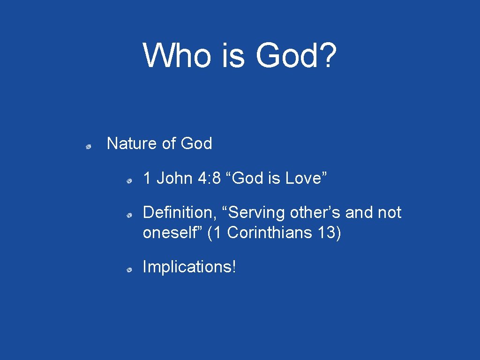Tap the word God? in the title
click(x=296, y=55)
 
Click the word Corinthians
click(x=270, y=233)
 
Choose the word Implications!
click(x=190, y=267)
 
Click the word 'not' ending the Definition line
click(x=390, y=213)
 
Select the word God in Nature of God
click(x=196, y=143)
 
